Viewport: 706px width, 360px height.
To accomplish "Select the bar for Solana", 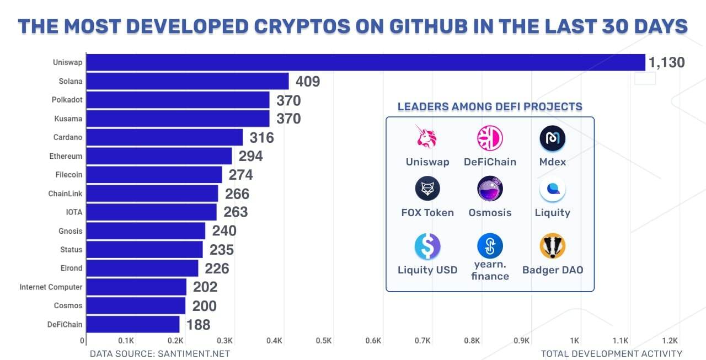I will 188,81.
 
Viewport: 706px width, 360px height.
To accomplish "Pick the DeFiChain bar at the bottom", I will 133,324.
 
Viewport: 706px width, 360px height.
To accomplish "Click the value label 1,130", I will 666,63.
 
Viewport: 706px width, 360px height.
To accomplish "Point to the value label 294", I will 250,156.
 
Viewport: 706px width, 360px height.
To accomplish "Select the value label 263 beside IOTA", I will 236,212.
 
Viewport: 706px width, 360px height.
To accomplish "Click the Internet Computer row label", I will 51,287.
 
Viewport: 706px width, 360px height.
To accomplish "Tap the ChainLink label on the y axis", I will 65,194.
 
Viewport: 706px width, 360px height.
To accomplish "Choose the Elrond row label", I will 71,268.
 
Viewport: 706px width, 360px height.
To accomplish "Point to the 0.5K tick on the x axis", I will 323,341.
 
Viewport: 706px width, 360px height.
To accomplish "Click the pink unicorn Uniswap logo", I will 426,138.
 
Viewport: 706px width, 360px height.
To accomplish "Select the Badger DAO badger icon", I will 552,246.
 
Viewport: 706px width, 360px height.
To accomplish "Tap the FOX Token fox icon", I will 427,189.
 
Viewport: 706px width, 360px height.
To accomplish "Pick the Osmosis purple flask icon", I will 490,189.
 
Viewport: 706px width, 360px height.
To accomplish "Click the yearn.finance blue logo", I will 490,246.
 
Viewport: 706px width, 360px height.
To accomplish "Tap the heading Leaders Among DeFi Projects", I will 490,106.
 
